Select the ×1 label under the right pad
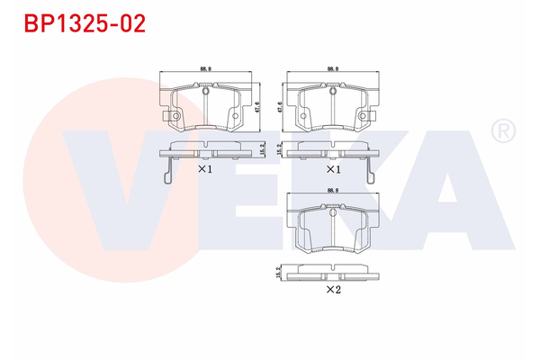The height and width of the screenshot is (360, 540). tap(332, 168)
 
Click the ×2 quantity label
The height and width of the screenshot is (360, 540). tap(332, 289)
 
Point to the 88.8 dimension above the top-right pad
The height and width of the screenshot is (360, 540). tap(332, 68)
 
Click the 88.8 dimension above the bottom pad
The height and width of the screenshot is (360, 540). tap(332, 190)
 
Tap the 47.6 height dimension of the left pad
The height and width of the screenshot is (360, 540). tap(259, 106)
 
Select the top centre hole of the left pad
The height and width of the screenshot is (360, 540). tap(204, 90)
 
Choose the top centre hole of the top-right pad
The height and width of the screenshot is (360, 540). tap(332, 90)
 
